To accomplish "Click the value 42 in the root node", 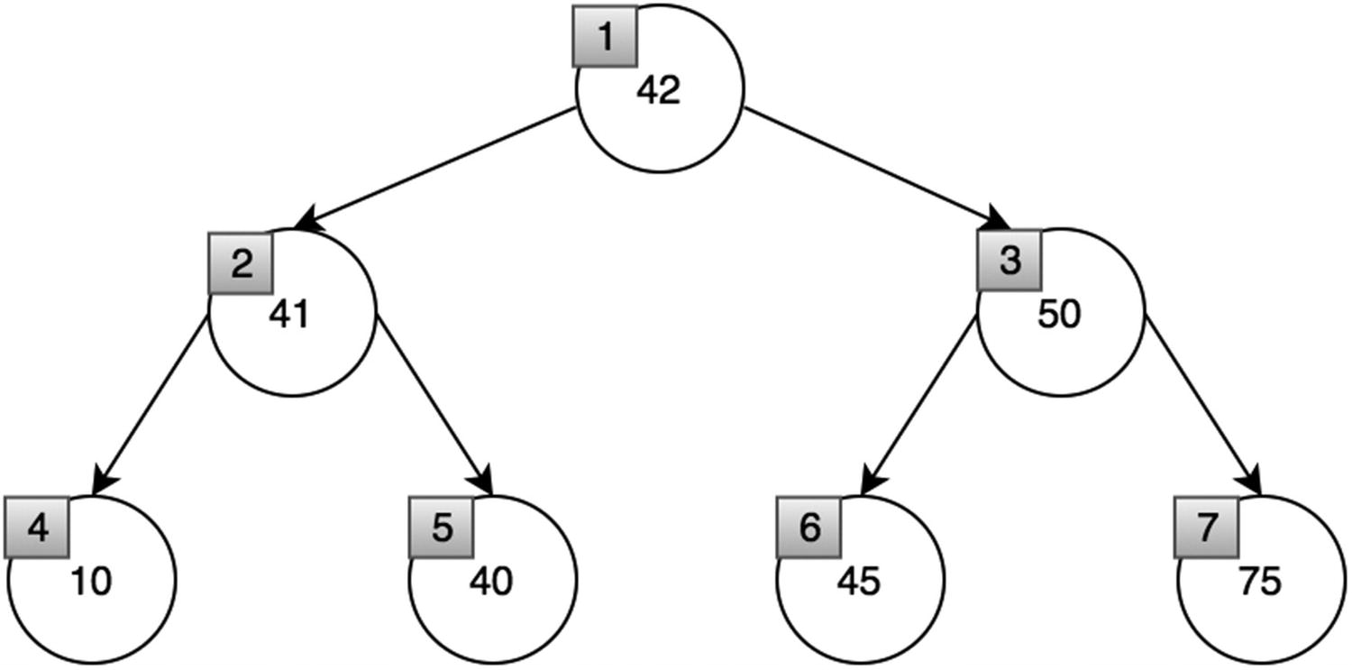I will coord(659,91).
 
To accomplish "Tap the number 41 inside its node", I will coord(289,315).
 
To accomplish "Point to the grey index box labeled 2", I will coord(241,262).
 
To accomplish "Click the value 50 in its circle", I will coord(1059,315).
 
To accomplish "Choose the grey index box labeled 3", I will coord(1009,261).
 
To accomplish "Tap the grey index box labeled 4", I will coord(37,528).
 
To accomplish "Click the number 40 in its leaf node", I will coord(490,582).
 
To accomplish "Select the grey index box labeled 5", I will coord(441,528).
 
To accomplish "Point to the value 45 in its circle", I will coord(858,582).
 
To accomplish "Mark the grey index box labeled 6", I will coord(808,528).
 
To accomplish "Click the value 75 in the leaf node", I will coord(1260,582).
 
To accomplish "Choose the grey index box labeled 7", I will coord(1206,528).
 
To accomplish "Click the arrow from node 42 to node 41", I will coord(437,169).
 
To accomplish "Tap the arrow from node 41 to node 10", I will coord(151,405).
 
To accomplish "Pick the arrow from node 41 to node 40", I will coord(434,405).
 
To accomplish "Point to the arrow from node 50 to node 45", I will coord(918,405).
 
